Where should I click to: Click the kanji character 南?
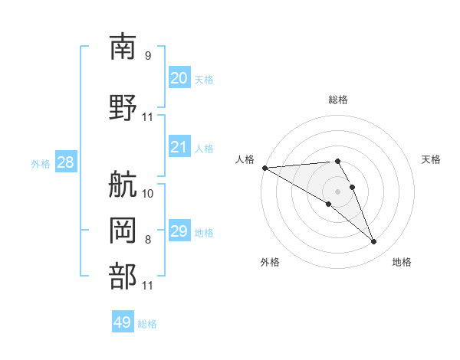(123, 47)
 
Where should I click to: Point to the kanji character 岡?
(123, 227)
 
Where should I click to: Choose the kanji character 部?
(123, 275)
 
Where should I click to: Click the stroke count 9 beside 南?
(148, 55)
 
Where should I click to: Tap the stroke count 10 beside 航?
(148, 194)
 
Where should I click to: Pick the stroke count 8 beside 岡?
(148, 240)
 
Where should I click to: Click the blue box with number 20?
(179, 78)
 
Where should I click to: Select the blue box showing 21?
(179, 147)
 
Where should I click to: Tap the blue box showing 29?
(179, 231)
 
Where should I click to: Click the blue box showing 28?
(65, 162)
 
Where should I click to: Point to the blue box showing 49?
(123, 322)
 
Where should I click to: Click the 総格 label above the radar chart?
(338, 100)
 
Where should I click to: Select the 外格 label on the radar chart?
(270, 262)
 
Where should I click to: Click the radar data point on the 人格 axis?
(264, 168)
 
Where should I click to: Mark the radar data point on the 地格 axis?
(373, 242)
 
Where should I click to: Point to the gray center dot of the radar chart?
(337, 191)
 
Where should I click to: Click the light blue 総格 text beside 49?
(147, 324)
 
